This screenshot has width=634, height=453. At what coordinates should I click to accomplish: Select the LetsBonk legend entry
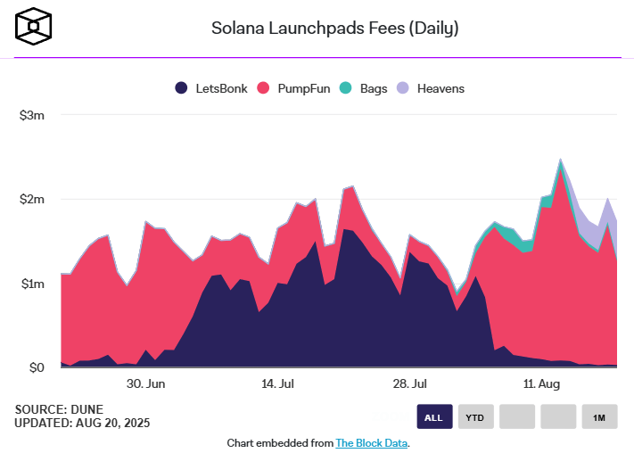pos(209,88)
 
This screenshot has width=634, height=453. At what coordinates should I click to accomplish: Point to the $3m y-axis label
pos(31,115)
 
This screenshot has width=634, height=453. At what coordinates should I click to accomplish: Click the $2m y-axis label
pos(31,199)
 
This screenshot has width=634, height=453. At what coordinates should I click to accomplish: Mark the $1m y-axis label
pos(31,284)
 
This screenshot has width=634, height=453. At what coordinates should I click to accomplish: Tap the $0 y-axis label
pos(35,367)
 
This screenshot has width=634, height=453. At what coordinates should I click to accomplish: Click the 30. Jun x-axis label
pos(145,384)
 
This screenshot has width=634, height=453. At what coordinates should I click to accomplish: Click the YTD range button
pos(475,417)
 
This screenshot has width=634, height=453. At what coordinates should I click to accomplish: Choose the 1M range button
pos(598,417)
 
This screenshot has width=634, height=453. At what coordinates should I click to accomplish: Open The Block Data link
pos(371,443)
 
